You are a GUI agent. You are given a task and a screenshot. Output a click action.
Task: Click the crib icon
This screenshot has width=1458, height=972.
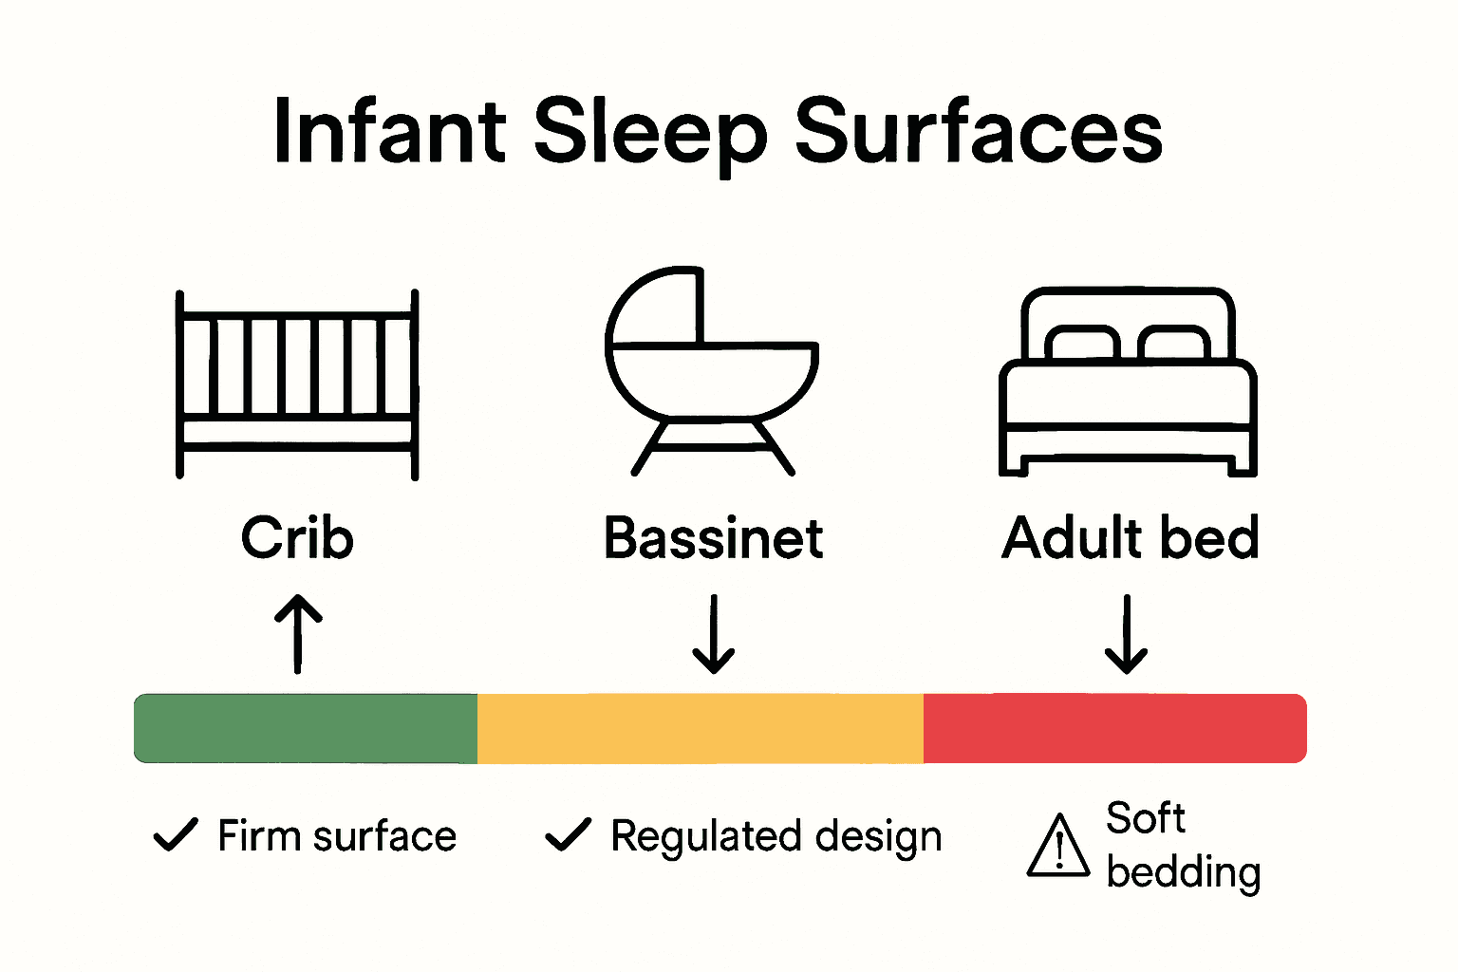pos(297,383)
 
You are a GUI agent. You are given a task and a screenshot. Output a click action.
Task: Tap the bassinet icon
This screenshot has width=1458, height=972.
pos(712,370)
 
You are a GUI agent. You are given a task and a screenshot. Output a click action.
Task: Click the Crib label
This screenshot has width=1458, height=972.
pos(297,538)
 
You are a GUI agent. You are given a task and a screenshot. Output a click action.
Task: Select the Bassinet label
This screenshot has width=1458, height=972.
pos(713,538)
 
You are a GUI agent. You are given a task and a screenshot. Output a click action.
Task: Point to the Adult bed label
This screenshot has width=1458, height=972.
pos(1130,538)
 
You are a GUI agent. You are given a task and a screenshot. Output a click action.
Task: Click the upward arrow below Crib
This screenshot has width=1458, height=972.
pos(298,633)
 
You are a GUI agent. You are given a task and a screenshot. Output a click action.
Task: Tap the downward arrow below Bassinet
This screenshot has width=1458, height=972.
pos(713,633)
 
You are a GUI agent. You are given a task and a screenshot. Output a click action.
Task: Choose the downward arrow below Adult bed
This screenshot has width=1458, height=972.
pos(1127,633)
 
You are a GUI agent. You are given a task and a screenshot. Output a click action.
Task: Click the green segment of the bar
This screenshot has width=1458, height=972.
pos(306,728)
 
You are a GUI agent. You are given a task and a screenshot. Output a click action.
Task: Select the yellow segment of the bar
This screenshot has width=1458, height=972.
pos(700,728)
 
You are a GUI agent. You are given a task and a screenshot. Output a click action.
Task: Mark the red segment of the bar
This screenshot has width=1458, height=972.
pos(1114,728)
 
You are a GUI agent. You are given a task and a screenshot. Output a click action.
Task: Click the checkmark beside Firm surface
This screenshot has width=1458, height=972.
pos(176,834)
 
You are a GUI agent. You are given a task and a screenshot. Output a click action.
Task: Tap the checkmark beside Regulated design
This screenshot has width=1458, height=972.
pos(568,834)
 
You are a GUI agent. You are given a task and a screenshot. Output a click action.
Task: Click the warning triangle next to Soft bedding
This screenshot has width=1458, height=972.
pos(1058,846)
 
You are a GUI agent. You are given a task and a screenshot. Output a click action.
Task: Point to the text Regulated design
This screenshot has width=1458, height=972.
pos(776,837)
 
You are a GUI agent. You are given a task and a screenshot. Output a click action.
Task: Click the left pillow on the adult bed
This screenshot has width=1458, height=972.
pos(1081,343)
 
